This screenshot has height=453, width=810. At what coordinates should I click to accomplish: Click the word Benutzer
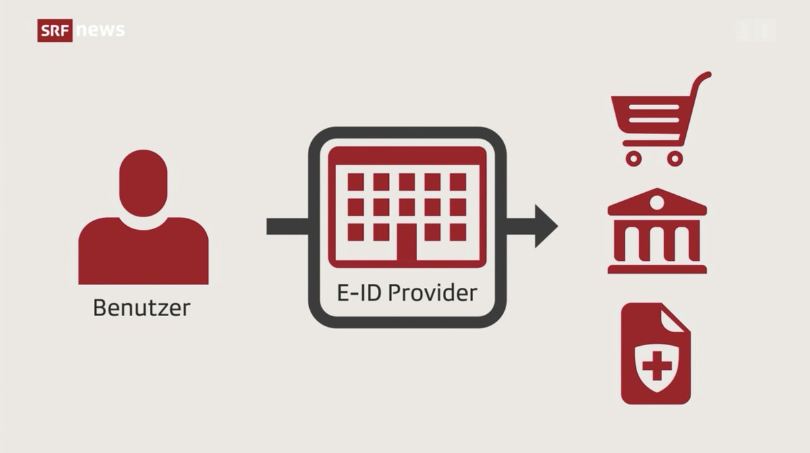click(142, 308)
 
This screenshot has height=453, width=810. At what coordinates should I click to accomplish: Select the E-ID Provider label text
click(407, 293)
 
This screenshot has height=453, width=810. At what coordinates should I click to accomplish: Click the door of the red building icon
click(406, 243)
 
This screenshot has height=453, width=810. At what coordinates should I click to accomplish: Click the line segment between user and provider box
click(288, 227)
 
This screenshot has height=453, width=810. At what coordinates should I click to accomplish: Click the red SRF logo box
click(55, 30)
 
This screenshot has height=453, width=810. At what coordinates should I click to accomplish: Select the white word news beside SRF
click(101, 30)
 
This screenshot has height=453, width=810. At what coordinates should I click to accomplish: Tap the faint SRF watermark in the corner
click(755, 30)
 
